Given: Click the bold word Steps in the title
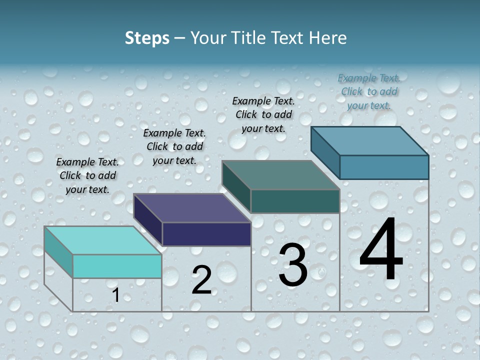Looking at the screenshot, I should [x=147, y=38].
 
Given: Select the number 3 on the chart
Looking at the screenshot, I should [x=293, y=265].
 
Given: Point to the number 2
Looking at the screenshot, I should [x=201, y=280].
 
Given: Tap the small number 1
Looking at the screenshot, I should [x=115, y=295].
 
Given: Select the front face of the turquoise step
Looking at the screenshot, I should [x=117, y=266].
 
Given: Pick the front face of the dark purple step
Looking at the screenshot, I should [x=206, y=234].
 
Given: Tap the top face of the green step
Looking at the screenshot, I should [x=280, y=175].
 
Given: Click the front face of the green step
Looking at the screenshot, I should [x=295, y=201].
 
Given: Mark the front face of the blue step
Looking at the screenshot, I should [x=384, y=167].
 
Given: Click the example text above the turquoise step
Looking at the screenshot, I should [x=87, y=175].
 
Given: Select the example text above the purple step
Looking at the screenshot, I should [x=174, y=146].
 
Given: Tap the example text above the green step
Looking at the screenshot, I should [x=263, y=114].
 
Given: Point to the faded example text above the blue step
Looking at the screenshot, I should [x=369, y=91].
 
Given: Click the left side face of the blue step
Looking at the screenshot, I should [x=325, y=152].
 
